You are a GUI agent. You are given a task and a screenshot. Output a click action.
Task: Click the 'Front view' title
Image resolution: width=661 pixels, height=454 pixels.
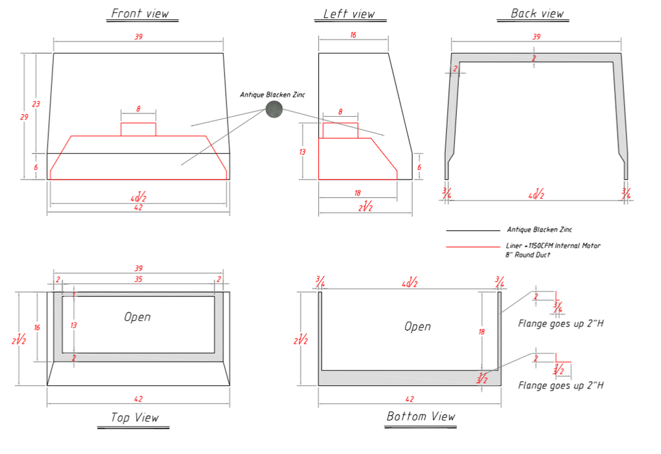(140, 14)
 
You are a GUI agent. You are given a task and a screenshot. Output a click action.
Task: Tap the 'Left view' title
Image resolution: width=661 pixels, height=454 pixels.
(349, 14)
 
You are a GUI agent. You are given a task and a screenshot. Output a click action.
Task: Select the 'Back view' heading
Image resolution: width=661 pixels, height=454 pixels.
(537, 14)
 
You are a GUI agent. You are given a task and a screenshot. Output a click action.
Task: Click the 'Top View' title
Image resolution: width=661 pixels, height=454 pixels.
(135, 418)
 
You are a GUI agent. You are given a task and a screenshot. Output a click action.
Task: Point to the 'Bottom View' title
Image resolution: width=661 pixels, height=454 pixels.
(421, 416)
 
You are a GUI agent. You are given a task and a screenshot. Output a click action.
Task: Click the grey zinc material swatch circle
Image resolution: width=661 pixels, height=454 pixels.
(274, 109)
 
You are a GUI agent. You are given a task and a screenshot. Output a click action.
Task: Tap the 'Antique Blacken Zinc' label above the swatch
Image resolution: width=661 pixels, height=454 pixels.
(272, 95)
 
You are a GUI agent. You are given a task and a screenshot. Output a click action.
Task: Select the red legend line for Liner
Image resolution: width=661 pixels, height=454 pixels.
(472, 246)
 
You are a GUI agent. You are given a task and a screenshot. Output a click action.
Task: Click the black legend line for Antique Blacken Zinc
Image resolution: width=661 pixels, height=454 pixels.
(472, 231)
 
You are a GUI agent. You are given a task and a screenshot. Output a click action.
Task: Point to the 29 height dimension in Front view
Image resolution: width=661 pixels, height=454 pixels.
(25, 117)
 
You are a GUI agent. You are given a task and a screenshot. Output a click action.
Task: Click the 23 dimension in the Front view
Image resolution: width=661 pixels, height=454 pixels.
(36, 104)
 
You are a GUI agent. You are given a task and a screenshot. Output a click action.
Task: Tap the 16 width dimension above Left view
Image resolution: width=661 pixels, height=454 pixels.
(353, 34)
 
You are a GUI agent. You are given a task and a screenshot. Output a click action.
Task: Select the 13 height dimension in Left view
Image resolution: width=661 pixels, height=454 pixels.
(302, 152)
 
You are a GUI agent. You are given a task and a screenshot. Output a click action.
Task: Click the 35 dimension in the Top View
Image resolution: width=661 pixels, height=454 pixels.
(138, 280)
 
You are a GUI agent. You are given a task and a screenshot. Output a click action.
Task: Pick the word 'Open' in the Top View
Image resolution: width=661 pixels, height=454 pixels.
(137, 317)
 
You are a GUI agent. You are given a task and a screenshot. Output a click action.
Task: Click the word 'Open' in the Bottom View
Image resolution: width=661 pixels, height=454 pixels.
(417, 326)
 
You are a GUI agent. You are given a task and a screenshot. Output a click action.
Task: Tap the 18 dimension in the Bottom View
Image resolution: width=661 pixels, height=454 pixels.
(482, 332)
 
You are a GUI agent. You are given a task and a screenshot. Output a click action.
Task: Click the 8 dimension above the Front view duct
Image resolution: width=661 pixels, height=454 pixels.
(138, 109)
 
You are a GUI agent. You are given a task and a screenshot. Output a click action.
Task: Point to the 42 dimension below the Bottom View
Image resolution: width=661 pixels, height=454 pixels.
(410, 399)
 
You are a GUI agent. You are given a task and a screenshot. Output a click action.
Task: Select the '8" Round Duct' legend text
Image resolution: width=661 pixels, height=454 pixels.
(528, 255)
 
